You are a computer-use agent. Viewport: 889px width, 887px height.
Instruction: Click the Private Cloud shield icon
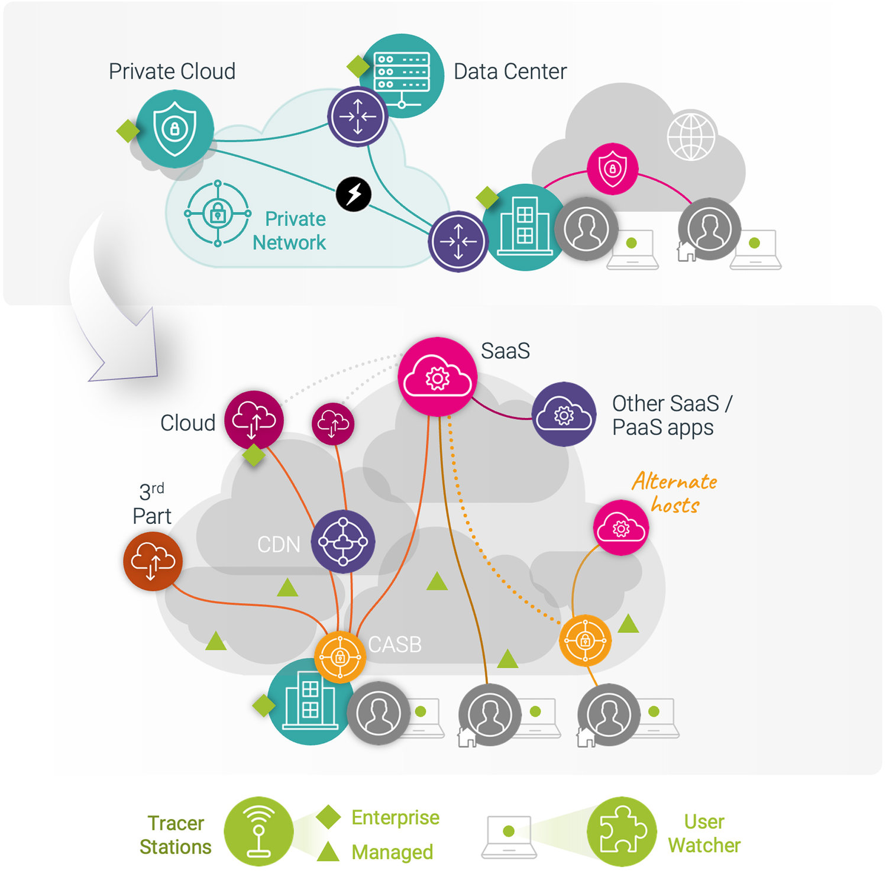click(x=174, y=128)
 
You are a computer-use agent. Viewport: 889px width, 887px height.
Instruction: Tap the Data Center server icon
click(x=402, y=76)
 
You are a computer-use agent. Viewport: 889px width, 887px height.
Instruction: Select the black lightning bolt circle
click(x=354, y=194)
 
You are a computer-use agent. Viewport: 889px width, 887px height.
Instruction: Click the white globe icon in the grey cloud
click(x=691, y=135)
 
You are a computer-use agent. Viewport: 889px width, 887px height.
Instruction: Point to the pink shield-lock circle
click(x=612, y=169)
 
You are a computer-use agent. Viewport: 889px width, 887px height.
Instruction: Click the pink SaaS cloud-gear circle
click(x=438, y=377)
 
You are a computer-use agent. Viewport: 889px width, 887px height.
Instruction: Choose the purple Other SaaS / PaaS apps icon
click(x=564, y=414)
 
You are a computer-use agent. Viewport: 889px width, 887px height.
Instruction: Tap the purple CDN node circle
click(x=343, y=541)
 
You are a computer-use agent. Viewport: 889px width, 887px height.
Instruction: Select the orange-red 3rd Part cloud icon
click(x=153, y=561)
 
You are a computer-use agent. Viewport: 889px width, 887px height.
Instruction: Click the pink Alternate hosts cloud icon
click(x=621, y=527)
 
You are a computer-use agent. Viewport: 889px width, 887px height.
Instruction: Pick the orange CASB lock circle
click(x=340, y=656)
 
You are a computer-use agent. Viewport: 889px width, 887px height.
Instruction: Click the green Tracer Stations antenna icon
click(x=258, y=831)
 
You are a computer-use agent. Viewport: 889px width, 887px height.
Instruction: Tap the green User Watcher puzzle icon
click(x=622, y=831)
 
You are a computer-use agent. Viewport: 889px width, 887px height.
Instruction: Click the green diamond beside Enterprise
click(x=328, y=817)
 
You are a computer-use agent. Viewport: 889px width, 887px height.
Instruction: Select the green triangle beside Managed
click(x=328, y=851)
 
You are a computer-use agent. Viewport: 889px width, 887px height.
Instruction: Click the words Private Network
click(x=289, y=231)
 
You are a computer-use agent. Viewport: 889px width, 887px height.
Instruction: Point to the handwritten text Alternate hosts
click(x=675, y=492)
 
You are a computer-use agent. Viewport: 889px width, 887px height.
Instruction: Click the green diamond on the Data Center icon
click(x=358, y=67)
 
